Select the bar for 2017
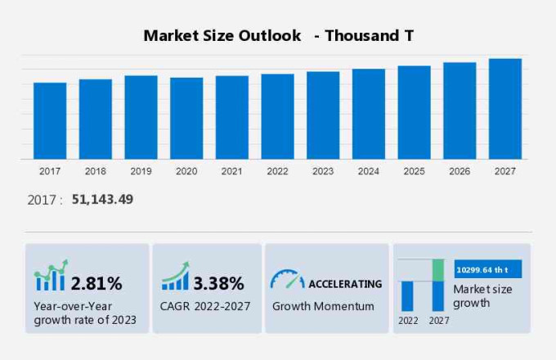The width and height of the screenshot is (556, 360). pos(50,120)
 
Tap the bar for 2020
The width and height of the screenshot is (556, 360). pos(186,118)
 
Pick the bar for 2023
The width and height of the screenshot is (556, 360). pos(323,115)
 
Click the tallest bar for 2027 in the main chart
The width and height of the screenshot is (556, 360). pos(505,109)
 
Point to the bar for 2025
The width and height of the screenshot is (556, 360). pos(415,112)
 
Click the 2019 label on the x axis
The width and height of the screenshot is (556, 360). pos(141,171)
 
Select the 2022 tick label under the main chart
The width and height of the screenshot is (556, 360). pos(277,171)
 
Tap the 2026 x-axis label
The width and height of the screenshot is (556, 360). pos(460,171)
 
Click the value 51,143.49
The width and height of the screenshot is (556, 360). pos(102,200)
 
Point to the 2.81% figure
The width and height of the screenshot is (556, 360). pos(96,284)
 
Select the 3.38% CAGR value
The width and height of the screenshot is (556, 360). pos(218,284)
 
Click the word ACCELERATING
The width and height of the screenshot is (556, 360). pos(344,284)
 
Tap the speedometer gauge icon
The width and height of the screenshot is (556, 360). pos(287,280)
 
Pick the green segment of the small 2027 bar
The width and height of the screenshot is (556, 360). pos(438,270)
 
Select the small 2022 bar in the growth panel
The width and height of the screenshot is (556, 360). pos(407,295)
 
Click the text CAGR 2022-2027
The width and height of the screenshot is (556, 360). pos(205,306)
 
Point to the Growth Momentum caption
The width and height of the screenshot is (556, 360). pos(323,306)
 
